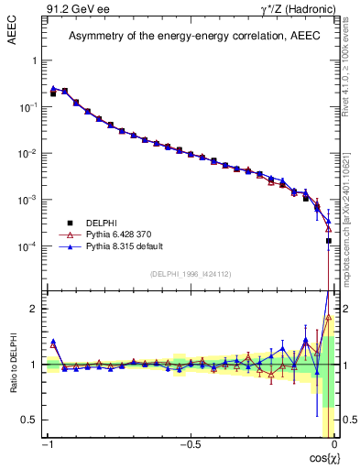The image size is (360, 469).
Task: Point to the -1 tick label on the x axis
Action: point(48,446)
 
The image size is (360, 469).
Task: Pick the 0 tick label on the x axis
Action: point(333,446)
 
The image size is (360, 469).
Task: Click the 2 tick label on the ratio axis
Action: point(34,309)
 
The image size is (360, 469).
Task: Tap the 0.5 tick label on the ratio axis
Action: point(29,420)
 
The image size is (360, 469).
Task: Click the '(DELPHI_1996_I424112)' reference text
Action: point(190,272)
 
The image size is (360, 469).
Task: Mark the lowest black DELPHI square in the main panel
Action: point(328,241)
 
